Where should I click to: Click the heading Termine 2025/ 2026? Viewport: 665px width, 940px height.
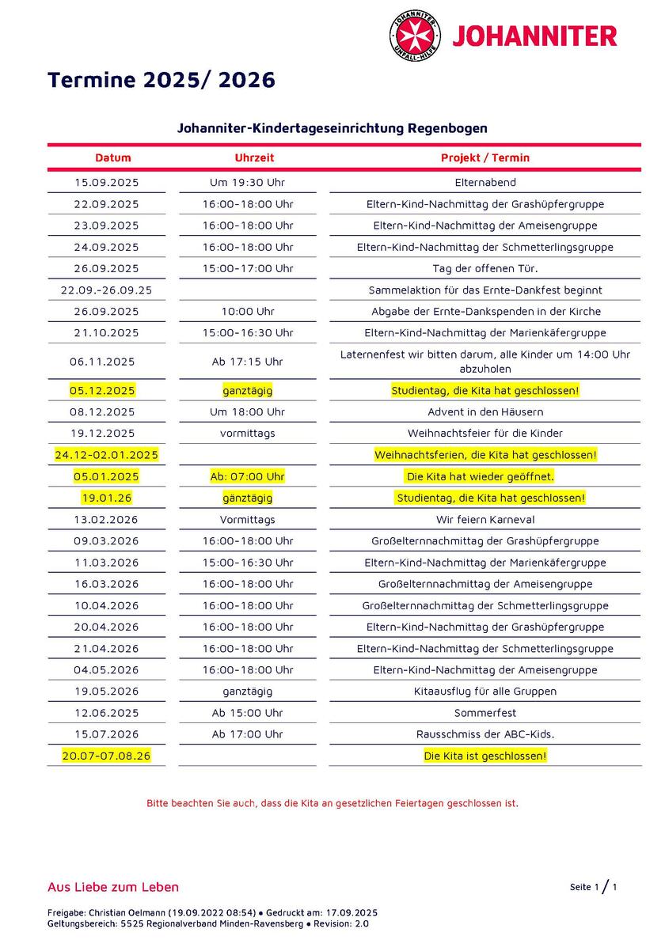coord(161,80)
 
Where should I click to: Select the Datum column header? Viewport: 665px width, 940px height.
coord(113,157)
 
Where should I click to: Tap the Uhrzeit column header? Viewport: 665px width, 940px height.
coord(254,157)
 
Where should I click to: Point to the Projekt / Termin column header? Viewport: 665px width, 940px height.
coord(484,157)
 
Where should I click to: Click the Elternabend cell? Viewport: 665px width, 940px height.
coord(484,182)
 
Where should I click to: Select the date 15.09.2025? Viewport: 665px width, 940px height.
coord(106,182)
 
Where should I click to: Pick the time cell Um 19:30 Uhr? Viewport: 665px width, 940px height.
coord(247,182)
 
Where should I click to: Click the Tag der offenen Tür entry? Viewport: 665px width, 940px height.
coord(484,268)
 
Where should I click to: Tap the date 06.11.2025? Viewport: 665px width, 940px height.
coord(102,362)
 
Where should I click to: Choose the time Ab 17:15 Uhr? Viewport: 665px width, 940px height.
coord(247,362)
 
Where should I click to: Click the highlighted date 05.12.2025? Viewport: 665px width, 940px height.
coord(102,391)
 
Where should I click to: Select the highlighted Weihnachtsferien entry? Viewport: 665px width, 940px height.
coord(484,455)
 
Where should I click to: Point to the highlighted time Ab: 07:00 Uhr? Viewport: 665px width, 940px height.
coord(247,476)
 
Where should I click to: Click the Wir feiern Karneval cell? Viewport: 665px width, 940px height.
coord(484,520)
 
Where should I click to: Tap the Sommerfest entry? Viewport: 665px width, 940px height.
coord(484,713)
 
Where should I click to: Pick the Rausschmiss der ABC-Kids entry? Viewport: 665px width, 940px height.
coord(484,734)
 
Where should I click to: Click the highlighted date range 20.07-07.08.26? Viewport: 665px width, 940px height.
coord(106,756)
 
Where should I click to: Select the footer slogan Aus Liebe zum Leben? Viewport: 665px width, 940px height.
coord(113,887)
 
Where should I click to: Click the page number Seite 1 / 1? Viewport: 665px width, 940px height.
coord(593,887)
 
